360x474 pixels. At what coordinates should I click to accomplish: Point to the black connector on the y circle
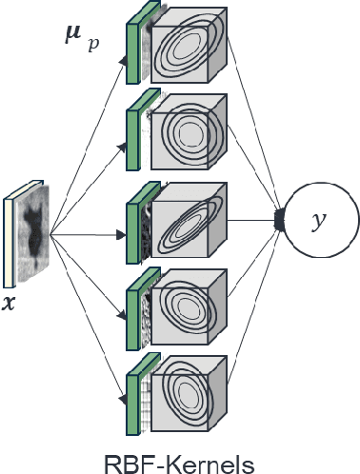pos(280,222)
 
